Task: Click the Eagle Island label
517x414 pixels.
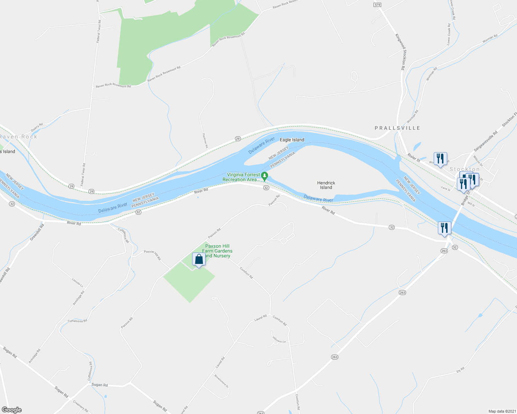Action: click(x=292, y=140)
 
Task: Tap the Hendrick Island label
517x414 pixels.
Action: click(x=326, y=185)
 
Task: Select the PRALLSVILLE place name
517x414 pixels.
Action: click(x=397, y=128)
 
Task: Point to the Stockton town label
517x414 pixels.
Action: click(x=464, y=169)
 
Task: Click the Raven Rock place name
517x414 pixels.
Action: click(x=19, y=137)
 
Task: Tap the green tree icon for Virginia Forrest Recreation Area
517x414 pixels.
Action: click(x=264, y=176)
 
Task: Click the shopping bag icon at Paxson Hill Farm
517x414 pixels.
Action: click(x=199, y=259)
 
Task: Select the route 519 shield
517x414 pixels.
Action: click(x=377, y=5)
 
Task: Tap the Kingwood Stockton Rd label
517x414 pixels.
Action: click(x=401, y=52)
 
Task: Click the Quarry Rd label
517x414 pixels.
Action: click(x=37, y=127)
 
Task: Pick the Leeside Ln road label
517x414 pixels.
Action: click(x=77, y=283)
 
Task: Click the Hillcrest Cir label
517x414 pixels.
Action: click(x=279, y=339)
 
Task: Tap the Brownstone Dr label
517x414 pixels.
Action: click(x=222, y=381)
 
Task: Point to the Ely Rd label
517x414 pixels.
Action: click(x=460, y=370)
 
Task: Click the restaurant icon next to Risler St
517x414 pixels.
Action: click(x=440, y=159)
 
